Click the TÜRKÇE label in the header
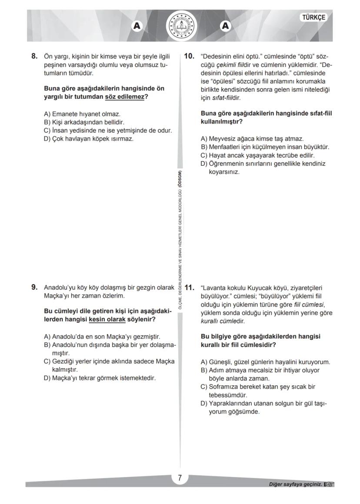313,17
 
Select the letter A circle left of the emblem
137,26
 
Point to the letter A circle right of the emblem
225,26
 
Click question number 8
34,56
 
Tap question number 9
34,287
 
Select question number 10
189,56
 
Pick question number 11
189,287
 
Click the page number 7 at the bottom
180,478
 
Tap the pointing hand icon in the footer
329,484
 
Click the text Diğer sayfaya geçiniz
295,484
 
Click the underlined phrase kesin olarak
107,319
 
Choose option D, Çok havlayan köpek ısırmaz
89,139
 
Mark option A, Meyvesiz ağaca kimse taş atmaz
252,139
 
